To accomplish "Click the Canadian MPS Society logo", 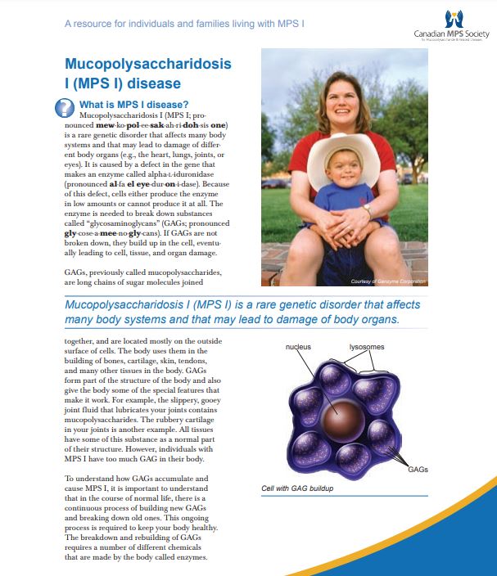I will click(452, 25).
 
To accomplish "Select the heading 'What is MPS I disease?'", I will click(133, 104).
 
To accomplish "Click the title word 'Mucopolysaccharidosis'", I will click(147, 64).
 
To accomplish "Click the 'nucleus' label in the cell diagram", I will click(297, 347).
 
